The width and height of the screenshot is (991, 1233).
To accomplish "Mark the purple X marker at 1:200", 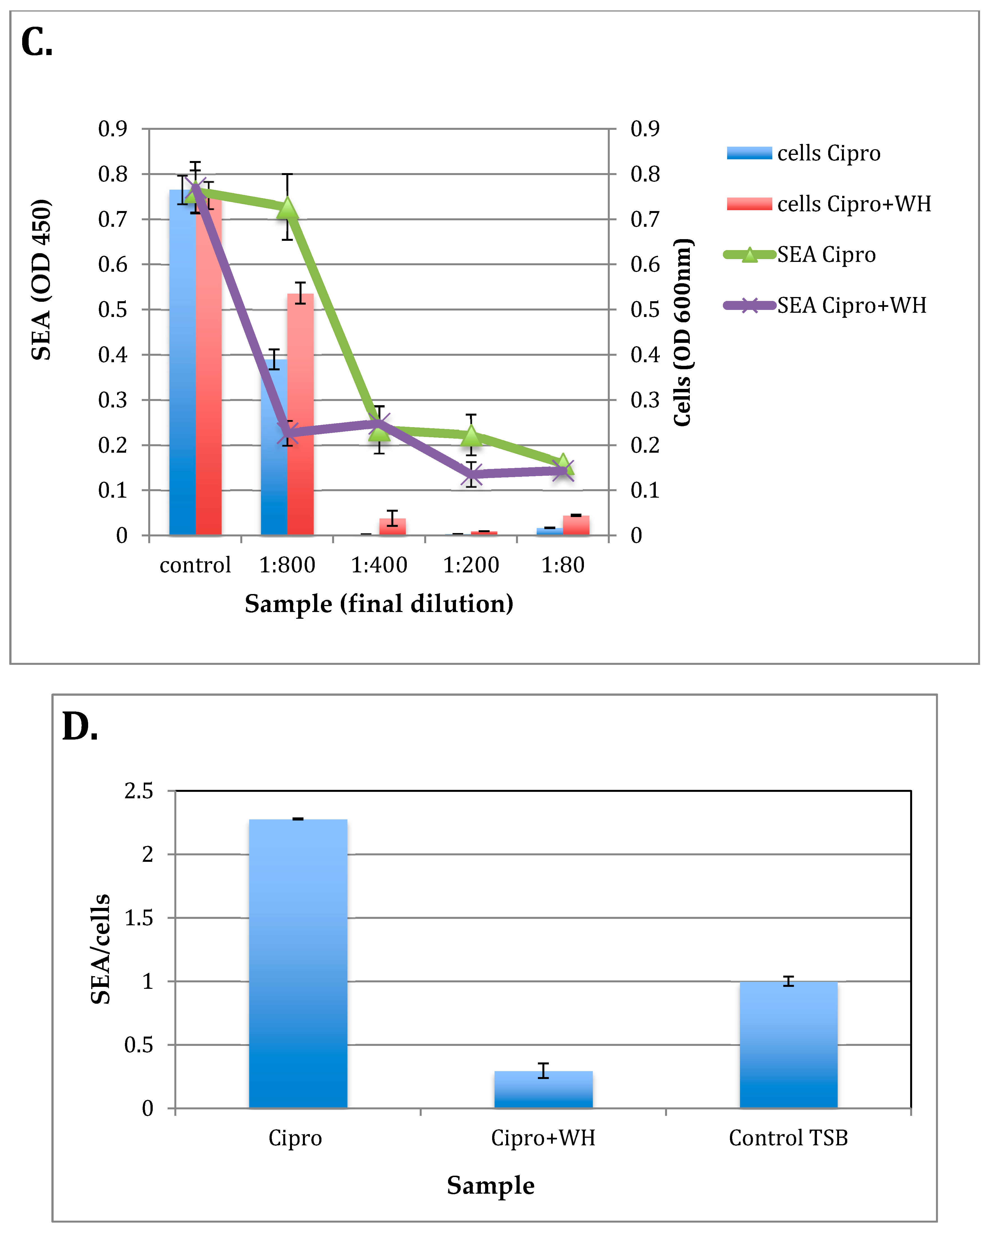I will [471, 473].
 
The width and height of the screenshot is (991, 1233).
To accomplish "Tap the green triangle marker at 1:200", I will [471, 436].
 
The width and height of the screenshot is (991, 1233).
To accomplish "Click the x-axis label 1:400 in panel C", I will [379, 565].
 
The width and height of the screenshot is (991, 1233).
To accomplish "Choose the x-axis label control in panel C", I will [195, 565].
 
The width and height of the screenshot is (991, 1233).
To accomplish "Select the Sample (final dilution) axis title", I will [379, 604].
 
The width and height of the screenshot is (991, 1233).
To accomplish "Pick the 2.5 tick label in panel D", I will [139, 792].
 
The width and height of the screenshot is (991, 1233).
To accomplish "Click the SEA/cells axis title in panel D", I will [101, 949].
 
